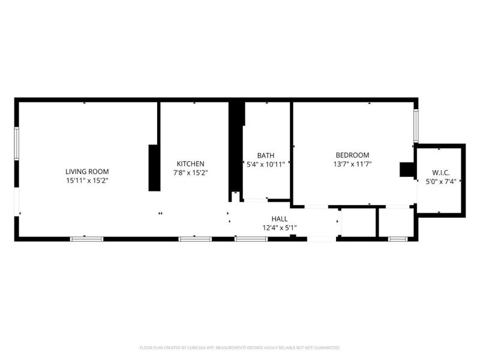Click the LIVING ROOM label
click(x=87, y=172)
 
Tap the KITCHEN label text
click(x=190, y=163)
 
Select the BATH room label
click(x=266, y=155)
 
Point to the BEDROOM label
click(x=352, y=155)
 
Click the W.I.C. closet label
click(x=441, y=173)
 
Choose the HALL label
click(x=280, y=219)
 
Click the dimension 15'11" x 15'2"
click(x=88, y=181)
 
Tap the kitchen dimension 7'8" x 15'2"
click(x=190, y=173)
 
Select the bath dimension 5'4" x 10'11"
click(x=266, y=164)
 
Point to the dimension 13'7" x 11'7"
click(x=352, y=164)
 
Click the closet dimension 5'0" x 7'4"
click(x=441, y=182)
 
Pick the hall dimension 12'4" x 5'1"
click(x=280, y=228)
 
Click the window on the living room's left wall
click(x=17, y=143)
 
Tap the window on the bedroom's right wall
click(x=416, y=126)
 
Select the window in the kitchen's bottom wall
click(x=195, y=239)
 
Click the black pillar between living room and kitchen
click(x=154, y=168)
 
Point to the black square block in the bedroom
click(x=407, y=170)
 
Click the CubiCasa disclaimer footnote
click(x=239, y=348)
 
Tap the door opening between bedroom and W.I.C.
click(x=416, y=191)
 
